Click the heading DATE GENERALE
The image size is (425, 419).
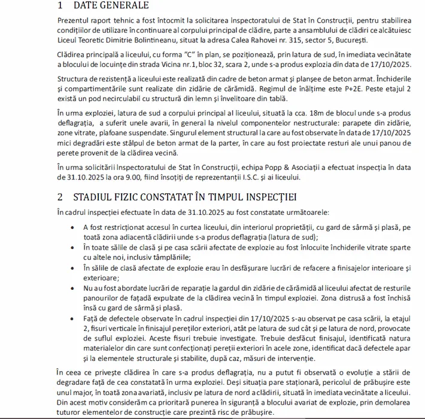pos(111,7)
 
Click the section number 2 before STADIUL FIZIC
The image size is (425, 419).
pos(60,196)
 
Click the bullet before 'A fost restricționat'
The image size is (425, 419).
pos(73,228)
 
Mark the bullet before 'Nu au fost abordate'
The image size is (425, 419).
pos(73,288)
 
